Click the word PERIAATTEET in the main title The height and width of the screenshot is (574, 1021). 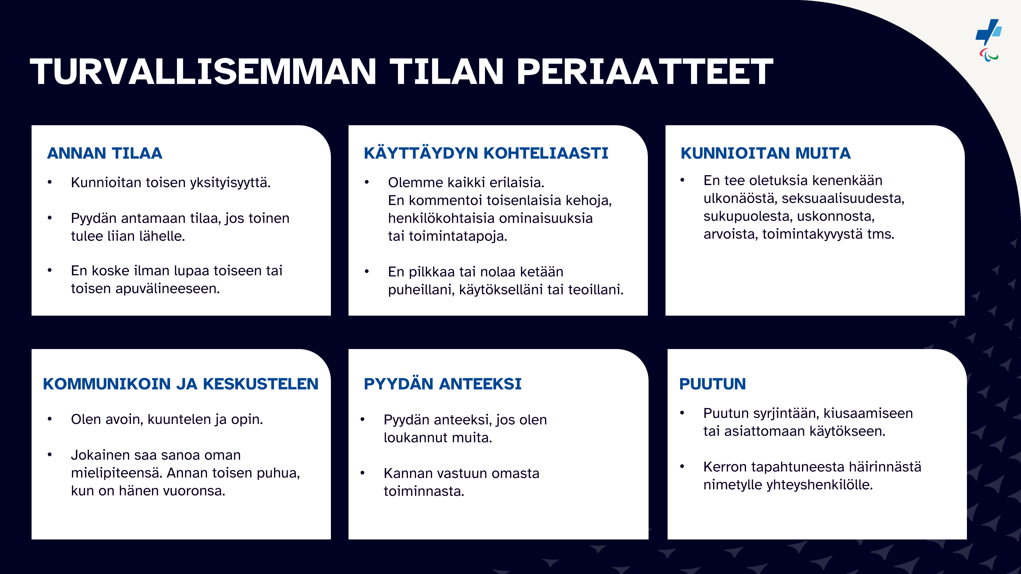645,72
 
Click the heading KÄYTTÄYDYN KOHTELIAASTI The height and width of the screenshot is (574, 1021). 486,153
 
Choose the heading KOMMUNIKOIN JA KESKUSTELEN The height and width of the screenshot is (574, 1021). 181,384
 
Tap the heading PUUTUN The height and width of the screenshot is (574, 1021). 713,384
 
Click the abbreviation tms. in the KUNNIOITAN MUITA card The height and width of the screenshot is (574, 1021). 881,234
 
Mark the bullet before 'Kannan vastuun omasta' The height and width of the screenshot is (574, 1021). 362,473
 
